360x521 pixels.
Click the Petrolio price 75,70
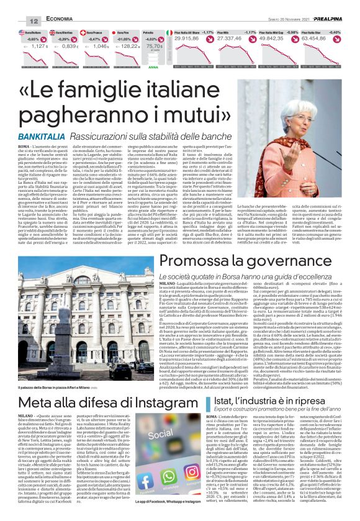[x=155, y=46]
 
